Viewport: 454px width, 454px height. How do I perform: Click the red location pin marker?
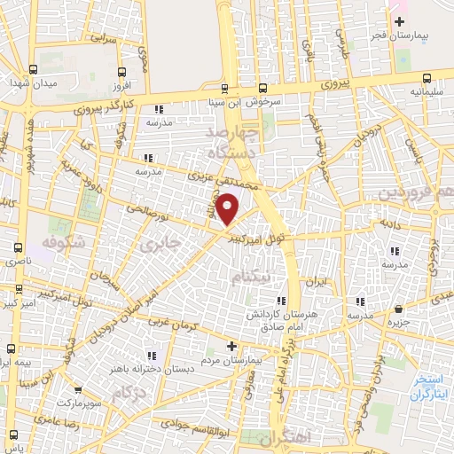click(x=228, y=209)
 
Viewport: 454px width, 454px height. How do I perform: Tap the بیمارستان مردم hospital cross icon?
click(x=231, y=346)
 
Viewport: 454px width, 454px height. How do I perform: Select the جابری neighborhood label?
click(x=166, y=240)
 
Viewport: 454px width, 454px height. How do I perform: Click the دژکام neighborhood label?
click(x=129, y=391)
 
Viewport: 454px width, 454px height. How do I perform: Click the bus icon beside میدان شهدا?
click(x=33, y=69)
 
